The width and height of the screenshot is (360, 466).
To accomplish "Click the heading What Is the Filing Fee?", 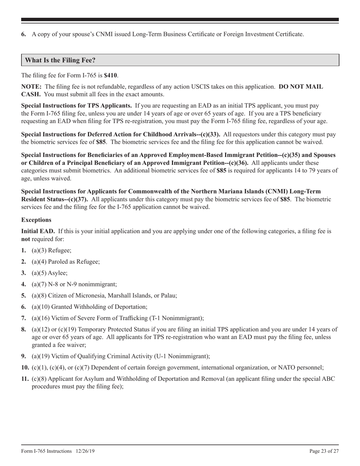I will click(x=60, y=60).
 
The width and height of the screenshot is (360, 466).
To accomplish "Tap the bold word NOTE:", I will click(x=31, y=87).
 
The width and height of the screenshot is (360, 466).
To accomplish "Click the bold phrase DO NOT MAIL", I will click(x=301, y=87).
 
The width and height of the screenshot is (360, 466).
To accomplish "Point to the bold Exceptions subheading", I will click(x=36, y=220).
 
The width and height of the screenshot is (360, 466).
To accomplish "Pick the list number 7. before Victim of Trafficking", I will click(x=24, y=318).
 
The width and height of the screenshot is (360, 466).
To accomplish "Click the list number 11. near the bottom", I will click(x=25, y=378).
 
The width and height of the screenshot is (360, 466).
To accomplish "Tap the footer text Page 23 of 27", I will click(x=324, y=451).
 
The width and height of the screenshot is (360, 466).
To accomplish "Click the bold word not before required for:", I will click(x=26, y=239).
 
